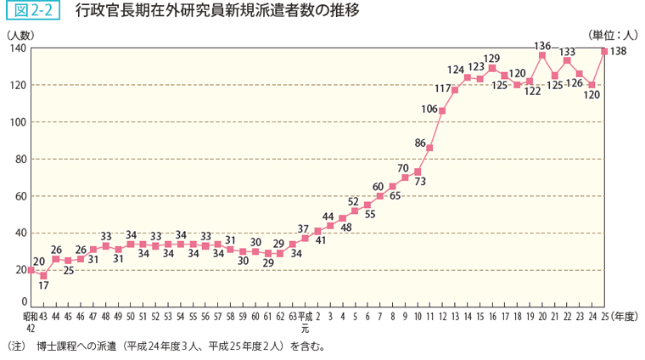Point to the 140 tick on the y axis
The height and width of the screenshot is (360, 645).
[x=16, y=48]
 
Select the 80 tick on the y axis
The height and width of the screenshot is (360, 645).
[x=19, y=159]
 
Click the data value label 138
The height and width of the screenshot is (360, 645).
[x=618, y=53]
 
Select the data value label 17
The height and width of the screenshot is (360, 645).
[x=43, y=287]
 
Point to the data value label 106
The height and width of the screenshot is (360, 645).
[x=429, y=109]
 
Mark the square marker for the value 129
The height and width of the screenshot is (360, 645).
[x=492, y=68]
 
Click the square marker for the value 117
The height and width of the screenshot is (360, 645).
[x=455, y=90]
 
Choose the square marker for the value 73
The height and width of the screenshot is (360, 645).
[x=418, y=172]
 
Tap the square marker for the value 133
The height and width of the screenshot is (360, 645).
[x=567, y=60]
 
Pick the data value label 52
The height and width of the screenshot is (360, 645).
[x=353, y=201]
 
